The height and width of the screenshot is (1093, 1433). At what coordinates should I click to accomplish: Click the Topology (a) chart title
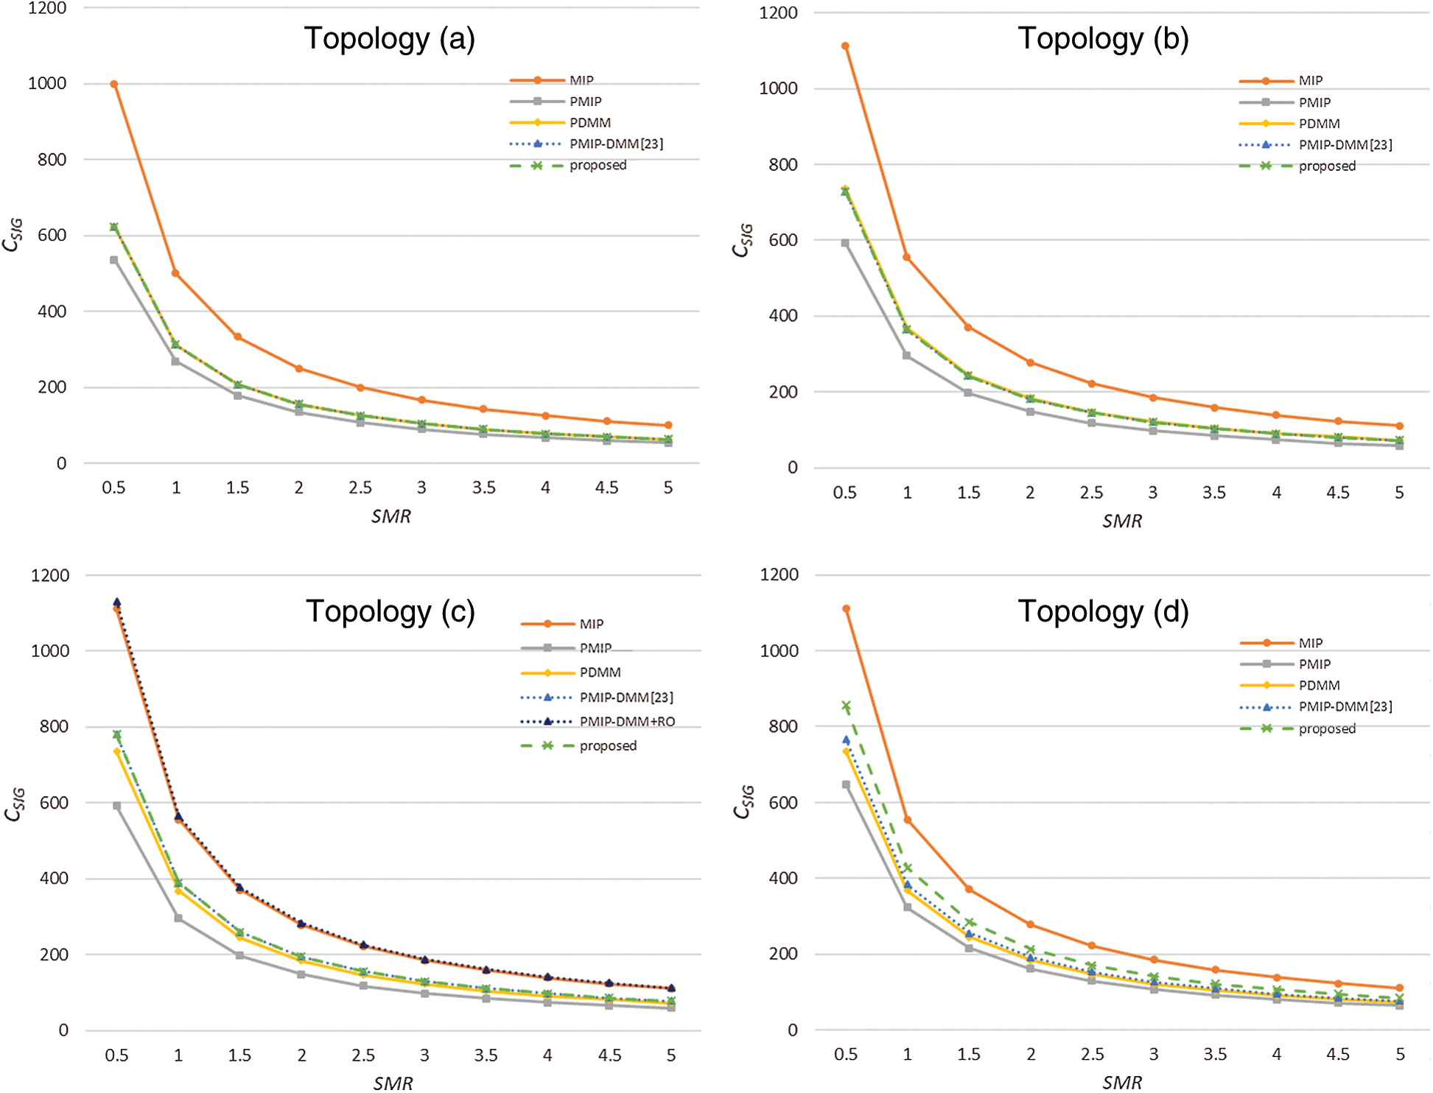tap(389, 38)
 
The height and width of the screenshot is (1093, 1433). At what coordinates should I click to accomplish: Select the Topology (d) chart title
tap(1103, 611)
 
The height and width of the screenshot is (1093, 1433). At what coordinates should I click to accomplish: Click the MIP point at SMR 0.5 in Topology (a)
tap(114, 84)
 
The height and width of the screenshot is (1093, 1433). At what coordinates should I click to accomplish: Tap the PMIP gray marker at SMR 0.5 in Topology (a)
tap(114, 260)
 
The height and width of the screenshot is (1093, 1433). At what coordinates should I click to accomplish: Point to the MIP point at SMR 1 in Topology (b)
tap(907, 257)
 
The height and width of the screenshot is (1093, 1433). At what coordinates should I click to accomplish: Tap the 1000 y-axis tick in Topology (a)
tap(47, 83)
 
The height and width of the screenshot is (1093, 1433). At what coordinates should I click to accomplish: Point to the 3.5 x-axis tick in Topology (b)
tap(1214, 493)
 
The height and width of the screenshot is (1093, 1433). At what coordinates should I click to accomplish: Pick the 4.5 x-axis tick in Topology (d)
tap(1338, 1055)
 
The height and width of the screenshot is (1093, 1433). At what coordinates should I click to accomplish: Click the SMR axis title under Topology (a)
tap(390, 516)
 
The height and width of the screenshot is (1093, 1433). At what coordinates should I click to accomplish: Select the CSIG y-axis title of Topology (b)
tap(743, 240)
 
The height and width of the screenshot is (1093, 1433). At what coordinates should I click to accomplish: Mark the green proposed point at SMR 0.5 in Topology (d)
tap(847, 706)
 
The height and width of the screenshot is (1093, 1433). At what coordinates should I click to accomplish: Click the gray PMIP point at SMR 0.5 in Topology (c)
tap(117, 806)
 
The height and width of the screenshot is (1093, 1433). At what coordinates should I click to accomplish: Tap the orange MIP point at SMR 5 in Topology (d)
tap(1400, 988)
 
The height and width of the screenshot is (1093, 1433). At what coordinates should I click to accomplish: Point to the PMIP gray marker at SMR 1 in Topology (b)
tap(907, 356)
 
